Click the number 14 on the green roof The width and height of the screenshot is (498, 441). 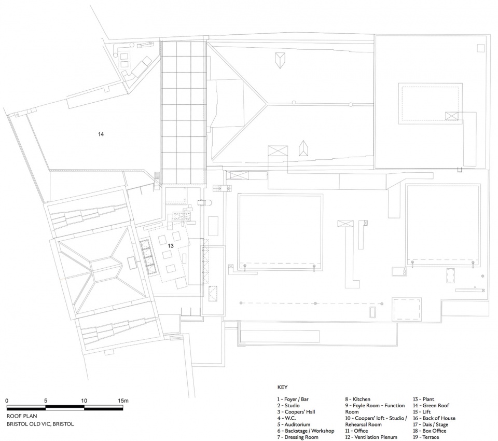[x=101, y=134]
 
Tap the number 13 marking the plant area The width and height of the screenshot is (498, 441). [x=171, y=246]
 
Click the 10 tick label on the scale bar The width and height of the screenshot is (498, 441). [x=84, y=401]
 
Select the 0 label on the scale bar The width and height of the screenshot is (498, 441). [x=7, y=401]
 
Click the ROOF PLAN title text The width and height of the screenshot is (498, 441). [x=22, y=416]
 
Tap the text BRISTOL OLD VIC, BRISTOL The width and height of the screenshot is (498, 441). [x=40, y=424]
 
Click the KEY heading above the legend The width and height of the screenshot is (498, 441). [x=282, y=387]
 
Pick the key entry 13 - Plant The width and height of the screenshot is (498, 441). [x=423, y=399]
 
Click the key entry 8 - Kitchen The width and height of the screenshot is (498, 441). [x=357, y=399]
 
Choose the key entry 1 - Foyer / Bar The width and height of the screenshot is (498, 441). [x=293, y=399]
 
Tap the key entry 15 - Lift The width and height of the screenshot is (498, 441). [x=422, y=412]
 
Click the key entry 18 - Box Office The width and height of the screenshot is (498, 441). [x=430, y=431]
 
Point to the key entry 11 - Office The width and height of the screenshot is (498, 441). [x=357, y=431]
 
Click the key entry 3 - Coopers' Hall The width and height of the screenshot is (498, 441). [x=296, y=412]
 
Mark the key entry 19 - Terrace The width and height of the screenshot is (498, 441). [x=426, y=437]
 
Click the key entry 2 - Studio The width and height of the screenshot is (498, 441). [x=288, y=405]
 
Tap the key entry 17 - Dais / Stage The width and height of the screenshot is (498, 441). [x=431, y=424]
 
